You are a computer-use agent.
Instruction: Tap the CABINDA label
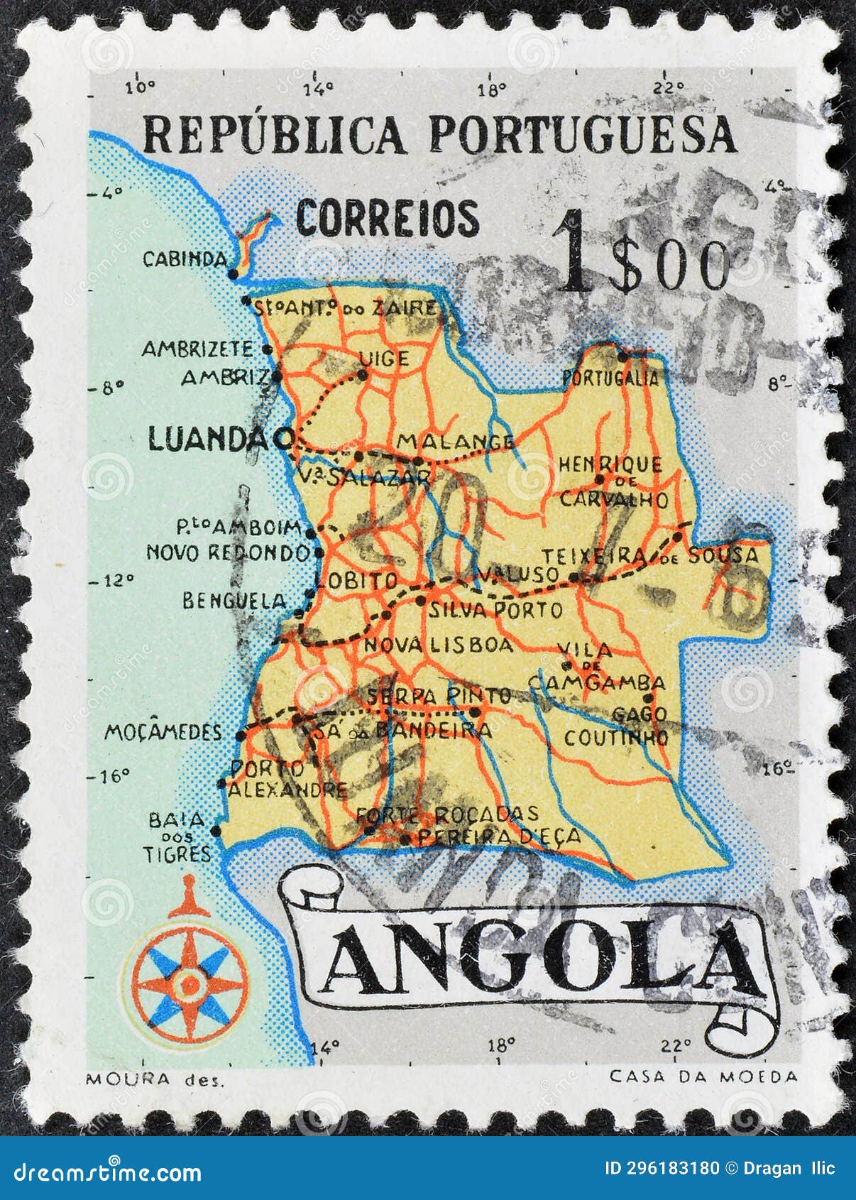[185, 259]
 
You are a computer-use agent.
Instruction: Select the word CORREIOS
[388, 218]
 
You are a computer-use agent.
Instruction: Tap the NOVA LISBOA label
[438, 645]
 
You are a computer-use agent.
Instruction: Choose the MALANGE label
[455, 442]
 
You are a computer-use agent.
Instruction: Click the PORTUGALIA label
[610, 378]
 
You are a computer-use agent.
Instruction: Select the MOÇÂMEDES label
[163, 732]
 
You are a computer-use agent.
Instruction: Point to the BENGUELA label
[234, 601]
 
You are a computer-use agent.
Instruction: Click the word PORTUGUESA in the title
[582, 134]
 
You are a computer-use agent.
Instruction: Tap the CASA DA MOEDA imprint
[703, 1077]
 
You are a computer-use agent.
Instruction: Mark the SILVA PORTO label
[495, 609]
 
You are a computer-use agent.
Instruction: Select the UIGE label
[384, 359]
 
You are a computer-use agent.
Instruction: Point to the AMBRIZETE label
[197, 349]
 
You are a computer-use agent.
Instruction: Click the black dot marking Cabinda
[234, 273]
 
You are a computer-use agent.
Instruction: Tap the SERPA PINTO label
[439, 696]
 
